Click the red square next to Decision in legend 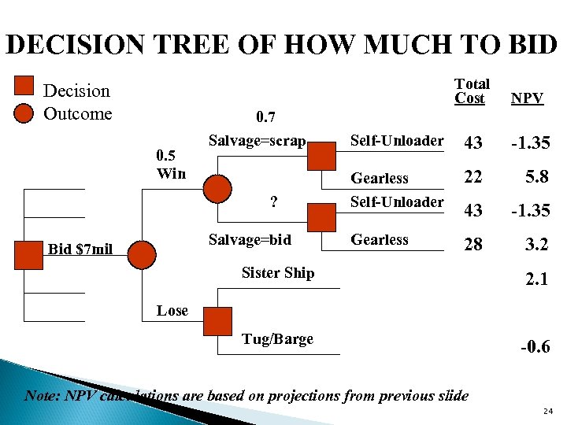click(24, 86)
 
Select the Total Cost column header click(471, 91)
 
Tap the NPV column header click(526, 98)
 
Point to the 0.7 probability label click(266, 119)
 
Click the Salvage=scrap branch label click(257, 141)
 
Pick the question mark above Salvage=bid click(273, 201)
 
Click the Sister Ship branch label click(277, 273)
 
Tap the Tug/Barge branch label click(277, 339)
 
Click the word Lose click(172, 310)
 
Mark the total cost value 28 click(472, 245)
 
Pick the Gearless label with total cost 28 click(380, 240)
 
